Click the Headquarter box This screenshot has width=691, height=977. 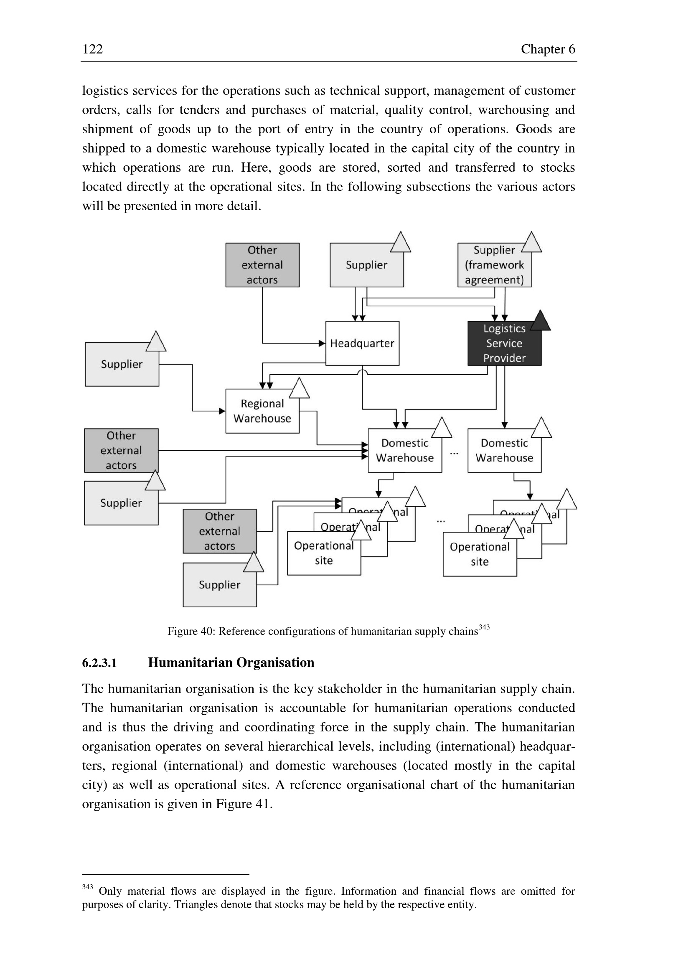(x=362, y=343)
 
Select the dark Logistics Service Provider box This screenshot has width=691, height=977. (x=504, y=344)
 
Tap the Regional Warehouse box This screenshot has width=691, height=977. (x=262, y=411)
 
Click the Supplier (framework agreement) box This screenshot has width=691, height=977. (x=494, y=265)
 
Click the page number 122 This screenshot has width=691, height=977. (x=92, y=49)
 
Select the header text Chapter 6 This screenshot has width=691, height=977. (x=548, y=49)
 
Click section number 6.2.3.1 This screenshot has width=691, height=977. (x=99, y=663)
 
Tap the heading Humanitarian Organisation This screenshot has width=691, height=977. (x=231, y=662)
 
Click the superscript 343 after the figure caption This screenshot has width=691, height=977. (x=484, y=627)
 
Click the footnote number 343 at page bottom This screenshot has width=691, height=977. (x=88, y=886)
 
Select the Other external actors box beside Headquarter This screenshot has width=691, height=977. (x=262, y=265)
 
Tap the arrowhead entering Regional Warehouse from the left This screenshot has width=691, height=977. (x=222, y=411)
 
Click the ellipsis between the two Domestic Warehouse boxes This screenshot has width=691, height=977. (x=455, y=453)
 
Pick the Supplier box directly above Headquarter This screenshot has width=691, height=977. (x=366, y=265)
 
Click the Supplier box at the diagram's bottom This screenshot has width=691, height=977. (x=220, y=585)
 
